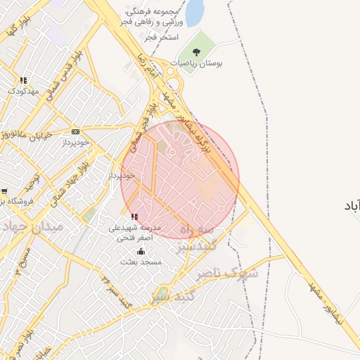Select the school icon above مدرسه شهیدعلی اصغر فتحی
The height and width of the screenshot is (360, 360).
coord(134,217)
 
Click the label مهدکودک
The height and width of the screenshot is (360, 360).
coord(22,91)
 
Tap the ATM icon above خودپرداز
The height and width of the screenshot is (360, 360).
coord(75,131)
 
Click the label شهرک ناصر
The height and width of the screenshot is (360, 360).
coord(228,272)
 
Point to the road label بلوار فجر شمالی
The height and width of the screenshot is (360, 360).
coord(146,112)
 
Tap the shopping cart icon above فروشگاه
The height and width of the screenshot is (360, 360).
coord(4,191)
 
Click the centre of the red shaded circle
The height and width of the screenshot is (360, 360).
coord(180,179)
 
